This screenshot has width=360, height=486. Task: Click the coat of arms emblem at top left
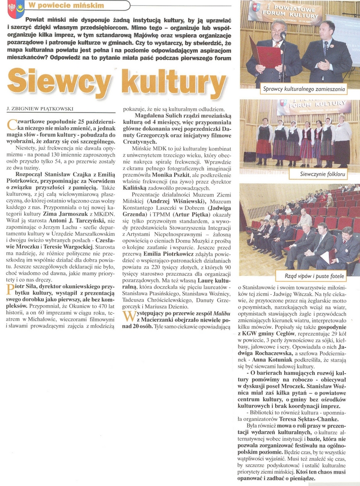click(16, 9)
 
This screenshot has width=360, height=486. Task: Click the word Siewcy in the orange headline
click(59, 81)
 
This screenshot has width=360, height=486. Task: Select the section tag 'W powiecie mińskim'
click(66, 5)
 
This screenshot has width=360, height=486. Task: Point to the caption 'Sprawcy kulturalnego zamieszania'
click(304, 89)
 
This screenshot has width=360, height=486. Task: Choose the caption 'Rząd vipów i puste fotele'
click(314, 275)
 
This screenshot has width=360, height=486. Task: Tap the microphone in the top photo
click(283, 36)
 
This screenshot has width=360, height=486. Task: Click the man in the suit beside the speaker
click(326, 52)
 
